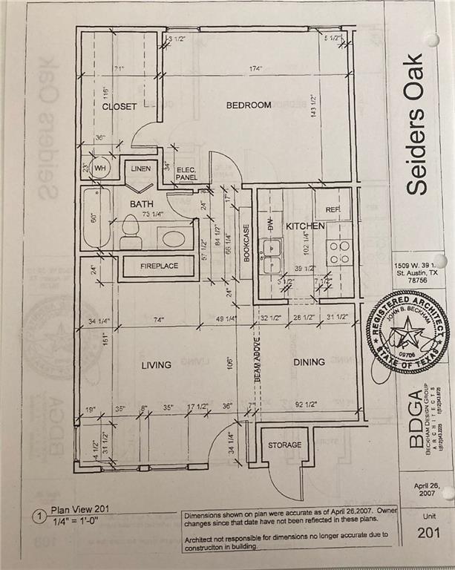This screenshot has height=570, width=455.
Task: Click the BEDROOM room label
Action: click(x=248, y=105)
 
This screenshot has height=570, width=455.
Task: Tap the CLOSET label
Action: click(x=119, y=107)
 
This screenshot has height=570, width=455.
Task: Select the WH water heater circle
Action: click(x=100, y=169)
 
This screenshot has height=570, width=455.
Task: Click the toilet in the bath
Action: click(x=131, y=232)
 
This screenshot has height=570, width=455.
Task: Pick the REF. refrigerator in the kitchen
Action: click(x=333, y=210)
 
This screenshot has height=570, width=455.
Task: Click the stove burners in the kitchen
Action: click(x=339, y=252)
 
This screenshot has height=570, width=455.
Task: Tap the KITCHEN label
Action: click(x=306, y=225)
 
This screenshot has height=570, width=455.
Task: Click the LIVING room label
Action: click(x=155, y=364)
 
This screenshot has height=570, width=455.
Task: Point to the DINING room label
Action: click(x=308, y=362)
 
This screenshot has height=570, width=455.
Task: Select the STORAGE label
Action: click(x=285, y=445)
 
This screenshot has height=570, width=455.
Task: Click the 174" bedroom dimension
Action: click(x=258, y=69)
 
